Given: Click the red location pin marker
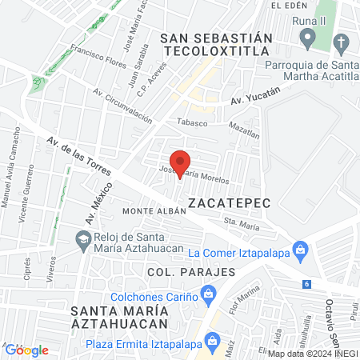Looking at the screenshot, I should click(180, 162).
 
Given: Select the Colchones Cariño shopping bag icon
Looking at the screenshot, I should click(208, 296).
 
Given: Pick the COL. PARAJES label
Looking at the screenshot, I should click(191, 272).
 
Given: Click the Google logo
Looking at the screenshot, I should click(27, 350).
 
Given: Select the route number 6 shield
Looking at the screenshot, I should click(306, 284).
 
